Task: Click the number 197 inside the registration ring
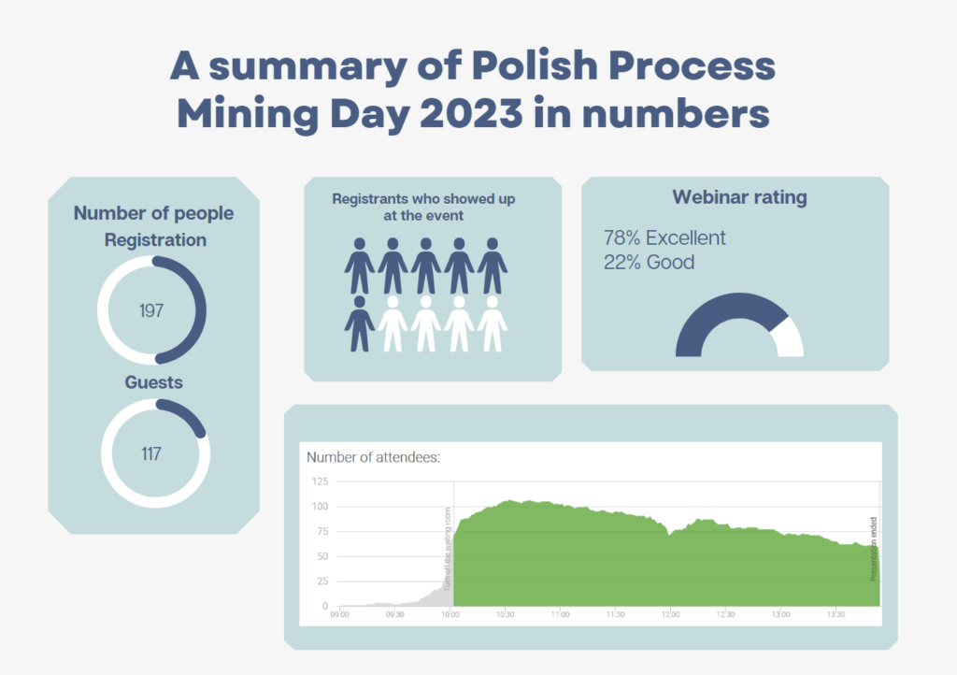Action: point(151,310)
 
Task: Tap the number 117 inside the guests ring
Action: point(151,454)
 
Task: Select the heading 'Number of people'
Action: point(153,213)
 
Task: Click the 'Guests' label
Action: point(154,382)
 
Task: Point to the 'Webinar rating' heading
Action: point(739,197)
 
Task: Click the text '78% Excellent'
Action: point(664,237)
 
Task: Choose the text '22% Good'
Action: point(650,262)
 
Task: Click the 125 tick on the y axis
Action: point(320,481)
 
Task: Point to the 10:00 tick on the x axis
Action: point(450,615)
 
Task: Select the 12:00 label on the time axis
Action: point(670,615)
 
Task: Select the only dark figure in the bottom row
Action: point(359,323)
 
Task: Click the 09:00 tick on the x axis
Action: point(340,615)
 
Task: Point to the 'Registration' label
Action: point(155,240)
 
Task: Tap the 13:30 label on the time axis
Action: point(835,615)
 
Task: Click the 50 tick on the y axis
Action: point(322,556)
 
